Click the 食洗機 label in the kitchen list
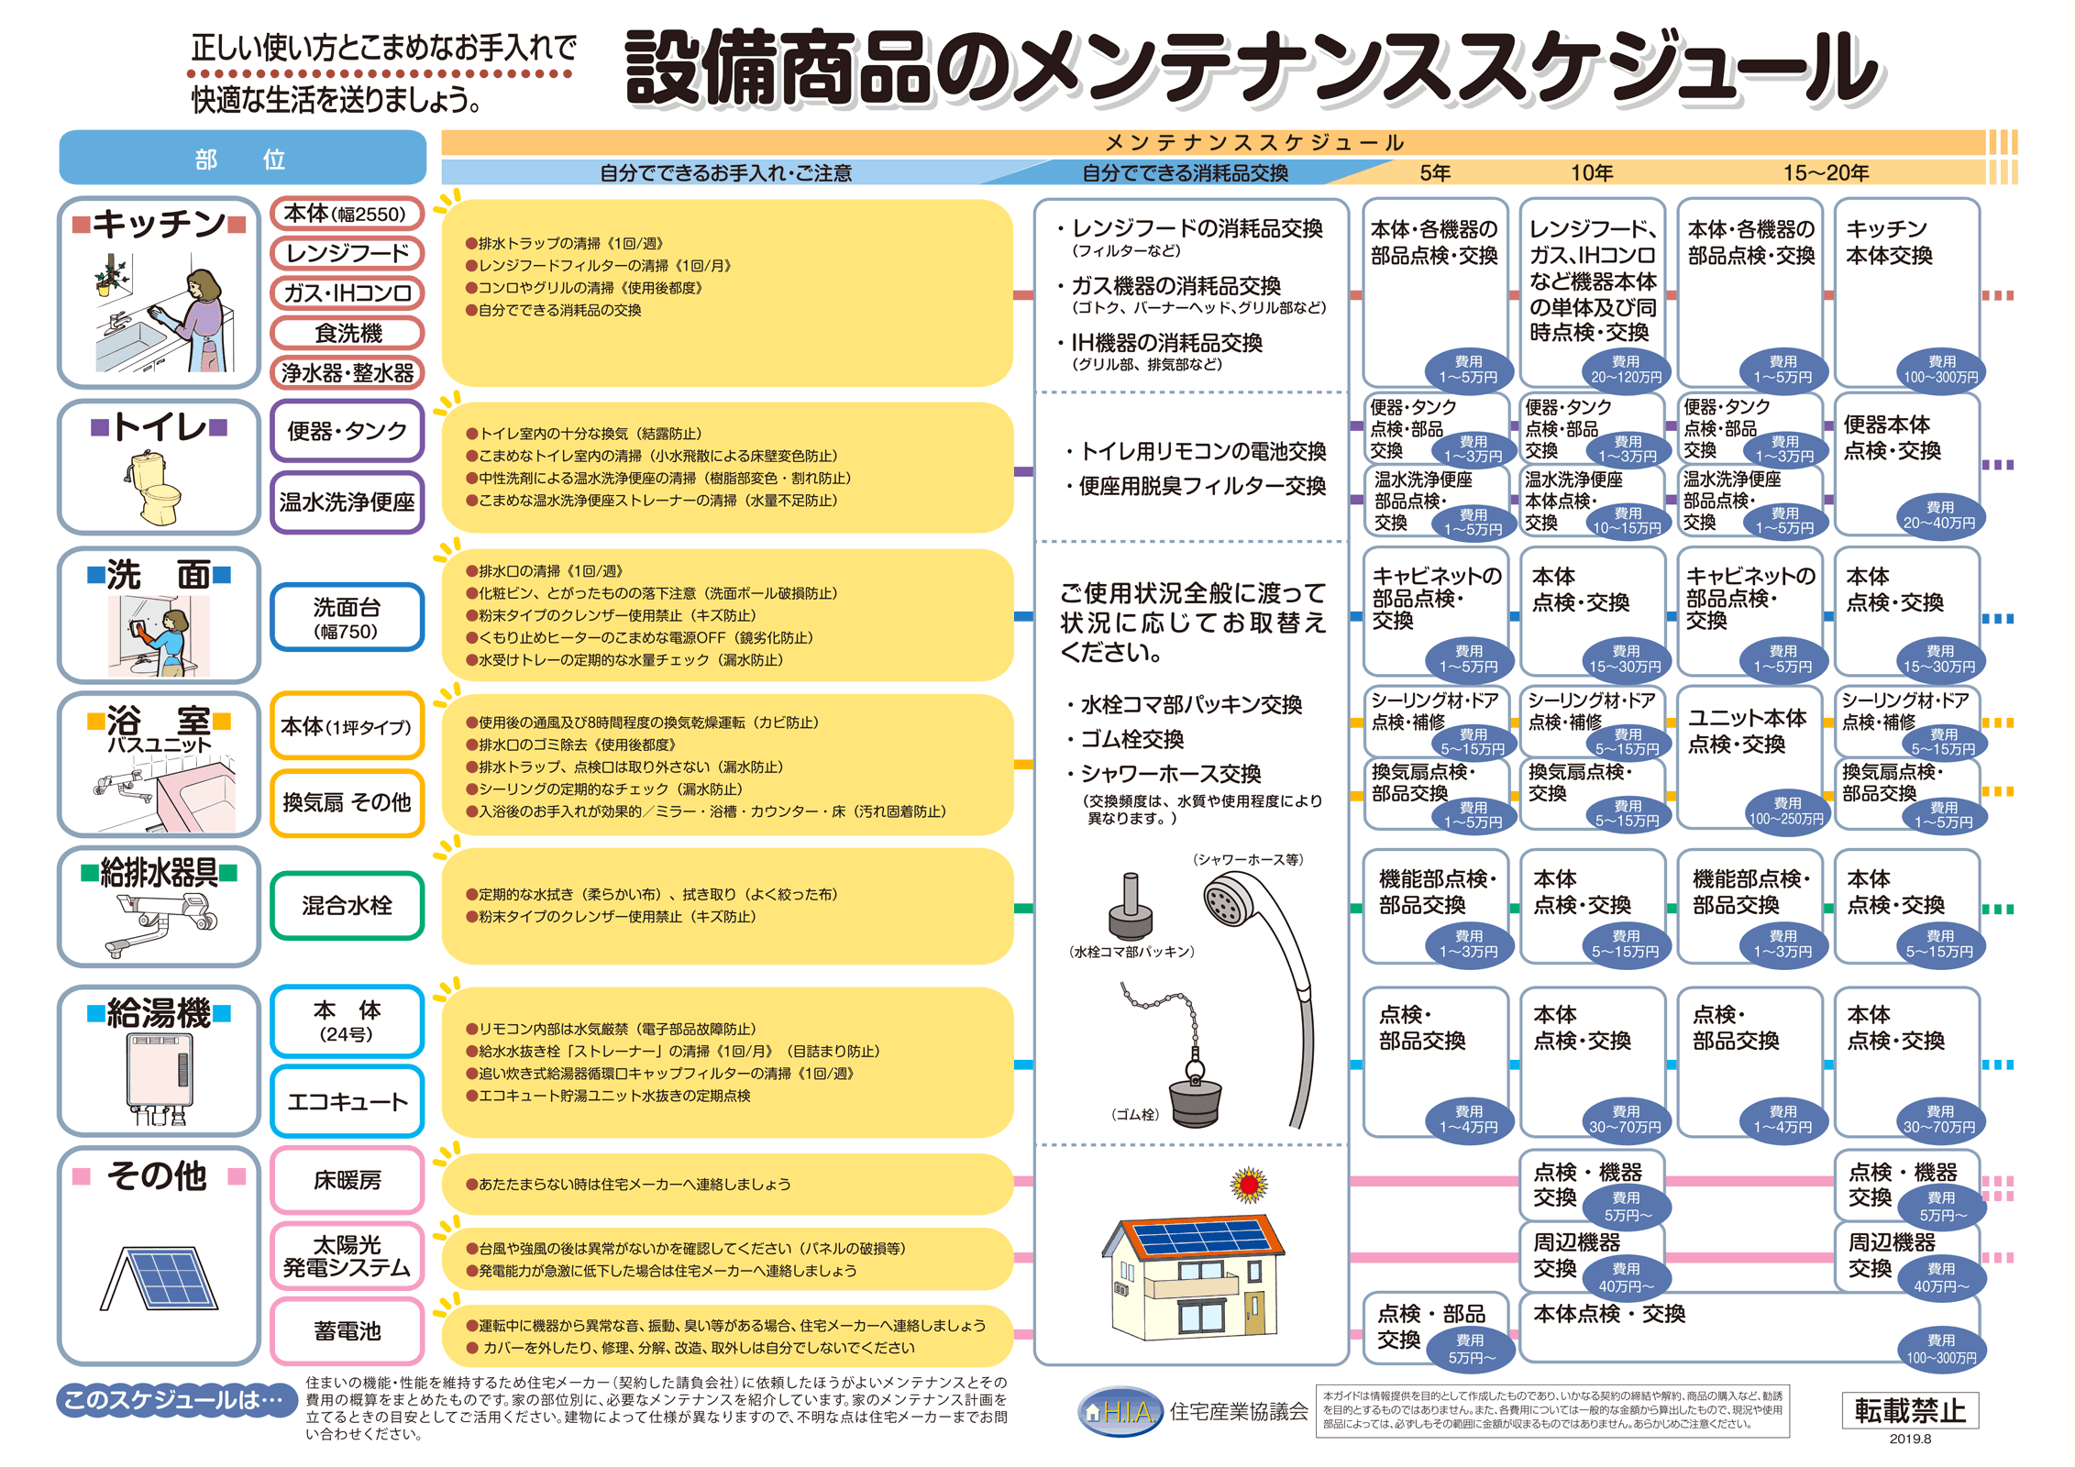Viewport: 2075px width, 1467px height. (348, 333)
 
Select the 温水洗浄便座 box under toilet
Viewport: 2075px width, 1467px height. (348, 502)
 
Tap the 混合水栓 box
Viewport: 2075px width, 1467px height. (348, 906)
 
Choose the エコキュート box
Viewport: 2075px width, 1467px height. (348, 1101)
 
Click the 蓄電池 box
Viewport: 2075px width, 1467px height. (348, 1331)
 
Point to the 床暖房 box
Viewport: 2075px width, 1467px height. (348, 1180)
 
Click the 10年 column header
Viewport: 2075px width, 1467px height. (1592, 172)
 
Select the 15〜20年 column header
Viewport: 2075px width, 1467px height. (1826, 172)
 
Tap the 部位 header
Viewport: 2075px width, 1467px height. (242, 159)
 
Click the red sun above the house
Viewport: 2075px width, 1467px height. (1249, 1186)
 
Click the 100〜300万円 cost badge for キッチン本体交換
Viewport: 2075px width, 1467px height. (1941, 370)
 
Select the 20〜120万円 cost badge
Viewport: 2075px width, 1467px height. (1626, 370)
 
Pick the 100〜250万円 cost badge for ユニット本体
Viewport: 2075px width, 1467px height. (1785, 811)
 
